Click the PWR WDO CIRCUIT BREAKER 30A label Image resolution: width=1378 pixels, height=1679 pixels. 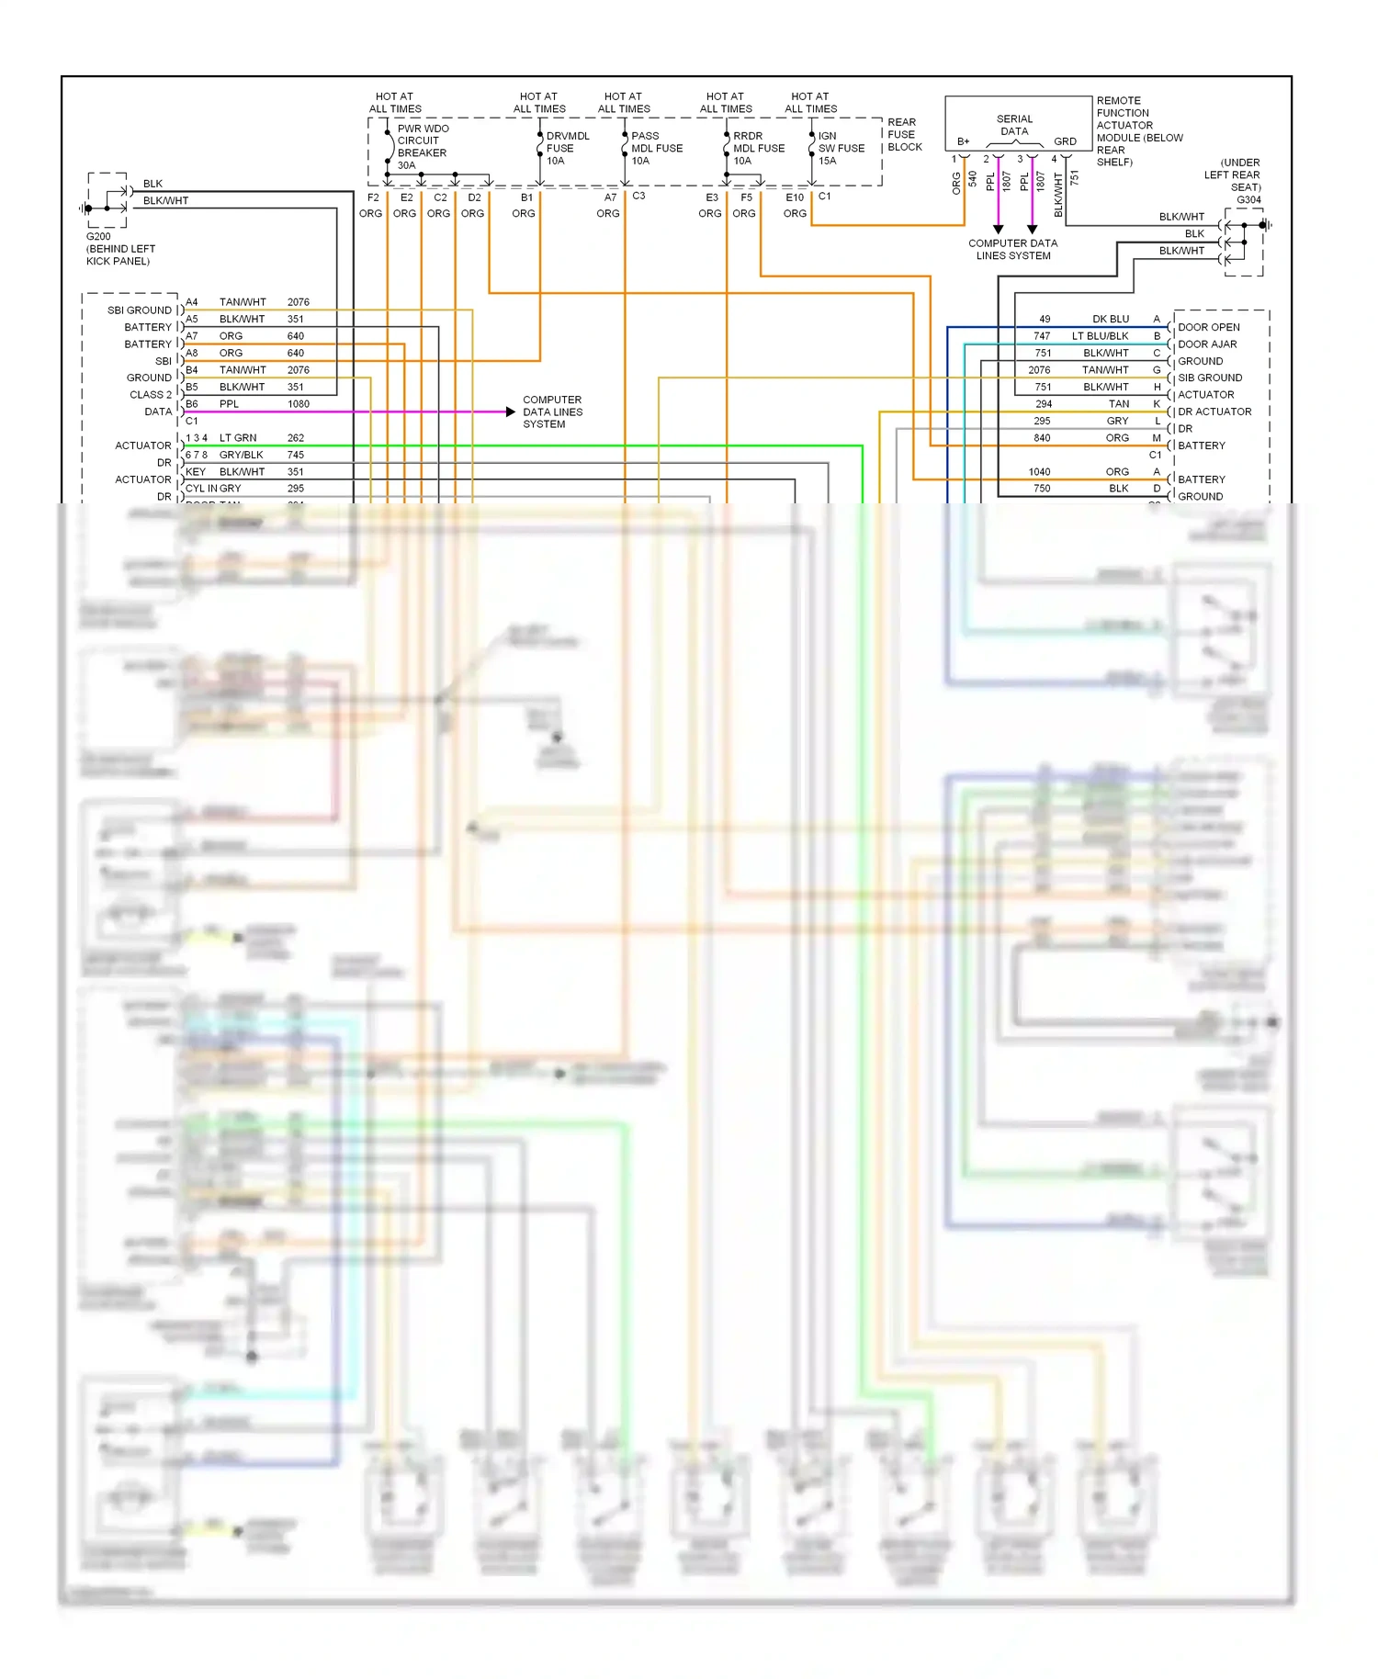click(x=422, y=147)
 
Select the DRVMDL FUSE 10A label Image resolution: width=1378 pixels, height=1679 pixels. click(x=566, y=148)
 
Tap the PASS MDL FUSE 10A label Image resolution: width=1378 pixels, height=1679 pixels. click(x=656, y=148)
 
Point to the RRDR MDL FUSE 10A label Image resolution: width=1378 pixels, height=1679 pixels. click(x=758, y=148)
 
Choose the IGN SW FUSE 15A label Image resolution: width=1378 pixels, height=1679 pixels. click(x=841, y=148)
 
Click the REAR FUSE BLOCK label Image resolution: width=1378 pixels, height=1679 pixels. click(x=904, y=134)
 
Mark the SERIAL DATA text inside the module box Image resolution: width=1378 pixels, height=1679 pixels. click(x=1014, y=125)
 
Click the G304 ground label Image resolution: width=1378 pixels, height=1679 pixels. click(x=1248, y=199)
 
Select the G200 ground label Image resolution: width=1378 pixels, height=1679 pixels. click(x=98, y=236)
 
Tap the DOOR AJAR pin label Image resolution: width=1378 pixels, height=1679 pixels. click(x=1207, y=344)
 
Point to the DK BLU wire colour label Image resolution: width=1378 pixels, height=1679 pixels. click(x=1111, y=319)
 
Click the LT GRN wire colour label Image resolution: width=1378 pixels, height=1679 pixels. click(x=238, y=438)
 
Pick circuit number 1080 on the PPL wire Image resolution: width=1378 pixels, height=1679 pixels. click(x=298, y=404)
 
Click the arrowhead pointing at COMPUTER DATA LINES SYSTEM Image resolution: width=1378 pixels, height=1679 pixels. click(x=511, y=411)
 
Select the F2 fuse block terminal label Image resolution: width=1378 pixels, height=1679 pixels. click(x=373, y=197)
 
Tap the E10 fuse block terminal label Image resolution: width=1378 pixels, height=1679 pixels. click(x=795, y=197)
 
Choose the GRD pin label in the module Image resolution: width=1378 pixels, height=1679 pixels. click(x=1065, y=141)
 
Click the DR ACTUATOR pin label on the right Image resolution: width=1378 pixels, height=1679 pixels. click(x=1214, y=411)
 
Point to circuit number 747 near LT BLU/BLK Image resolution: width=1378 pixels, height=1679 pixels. click(x=1041, y=336)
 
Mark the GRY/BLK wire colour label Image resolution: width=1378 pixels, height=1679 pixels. click(x=241, y=455)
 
